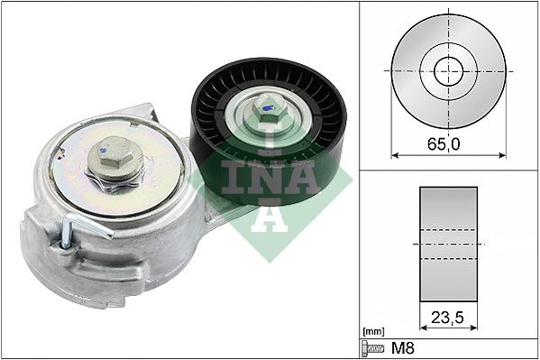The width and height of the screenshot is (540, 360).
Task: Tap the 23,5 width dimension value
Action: pyautogui.click(x=448, y=317)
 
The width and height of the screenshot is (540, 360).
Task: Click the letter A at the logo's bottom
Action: pyautogui.click(x=266, y=222)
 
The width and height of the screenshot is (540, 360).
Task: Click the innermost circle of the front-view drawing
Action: pyautogui.click(x=448, y=70)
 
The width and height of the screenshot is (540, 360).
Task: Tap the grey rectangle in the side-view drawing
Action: pyautogui.click(x=448, y=244)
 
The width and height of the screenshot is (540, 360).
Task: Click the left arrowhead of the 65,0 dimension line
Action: pyautogui.click(x=394, y=155)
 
